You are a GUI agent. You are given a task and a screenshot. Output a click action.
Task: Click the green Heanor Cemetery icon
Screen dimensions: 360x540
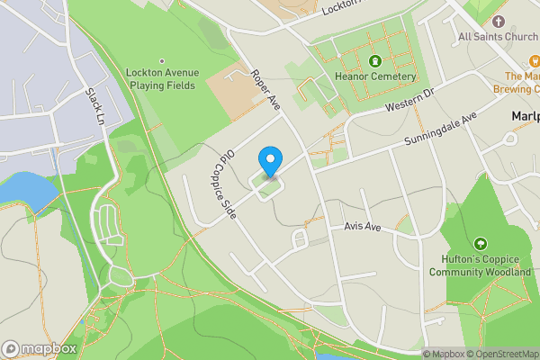(374, 61)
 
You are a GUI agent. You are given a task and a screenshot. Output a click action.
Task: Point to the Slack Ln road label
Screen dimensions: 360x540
(95, 105)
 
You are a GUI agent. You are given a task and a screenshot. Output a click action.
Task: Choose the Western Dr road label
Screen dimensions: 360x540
(409, 101)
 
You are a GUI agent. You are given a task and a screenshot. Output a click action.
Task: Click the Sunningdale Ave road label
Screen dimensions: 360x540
(440, 131)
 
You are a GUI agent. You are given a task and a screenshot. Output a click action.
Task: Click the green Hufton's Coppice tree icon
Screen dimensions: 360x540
(481, 244)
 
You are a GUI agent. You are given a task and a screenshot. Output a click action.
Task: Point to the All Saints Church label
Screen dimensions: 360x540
(498, 37)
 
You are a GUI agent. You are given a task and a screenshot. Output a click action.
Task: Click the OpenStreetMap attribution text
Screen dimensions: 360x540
(499, 354)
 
